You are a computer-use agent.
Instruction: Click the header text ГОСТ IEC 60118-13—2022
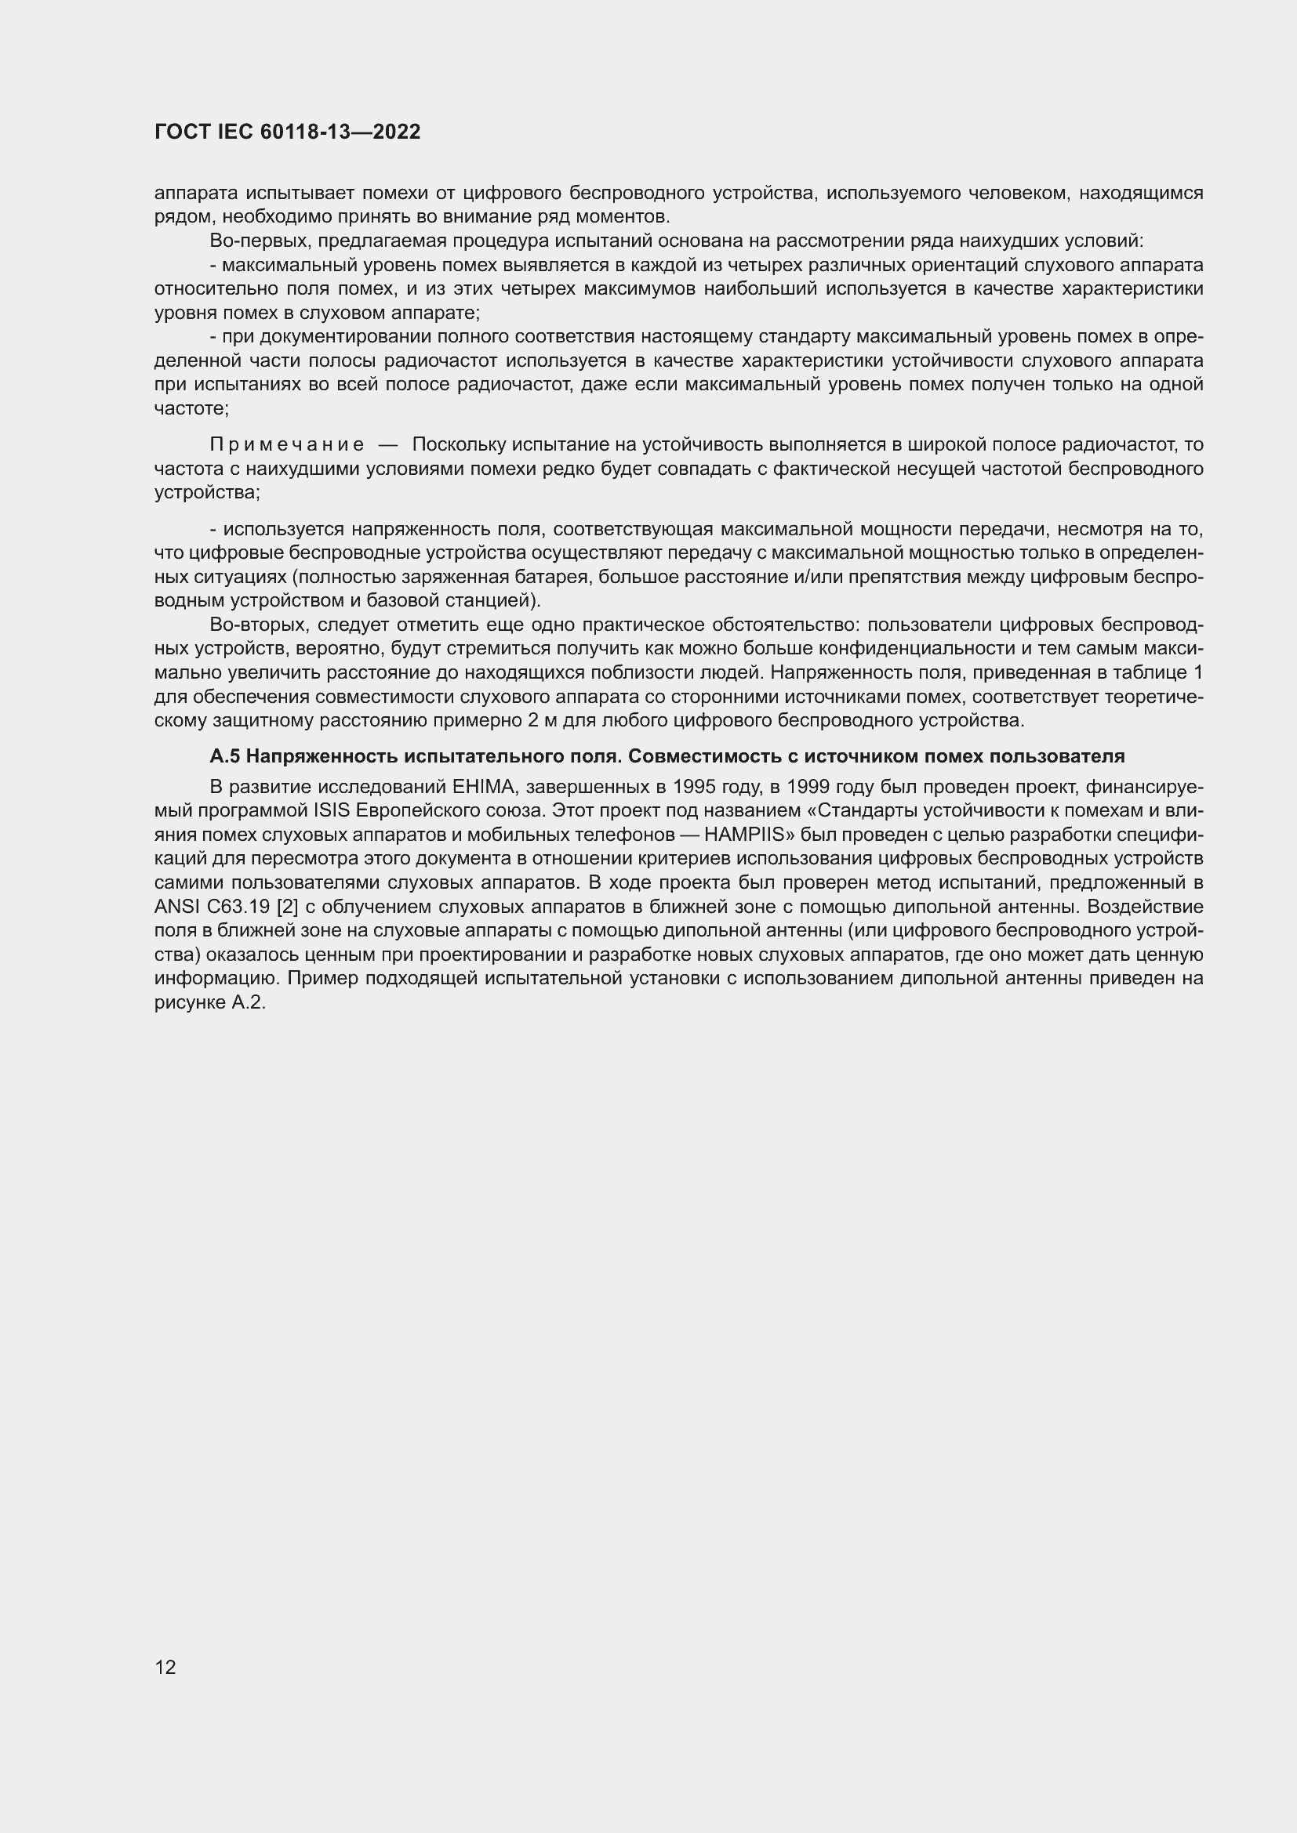tap(288, 132)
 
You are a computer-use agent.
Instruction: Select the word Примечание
tap(287, 444)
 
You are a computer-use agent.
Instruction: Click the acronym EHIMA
tap(482, 787)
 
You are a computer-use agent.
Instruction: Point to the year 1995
tap(695, 787)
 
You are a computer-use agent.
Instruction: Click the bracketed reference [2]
tap(286, 907)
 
